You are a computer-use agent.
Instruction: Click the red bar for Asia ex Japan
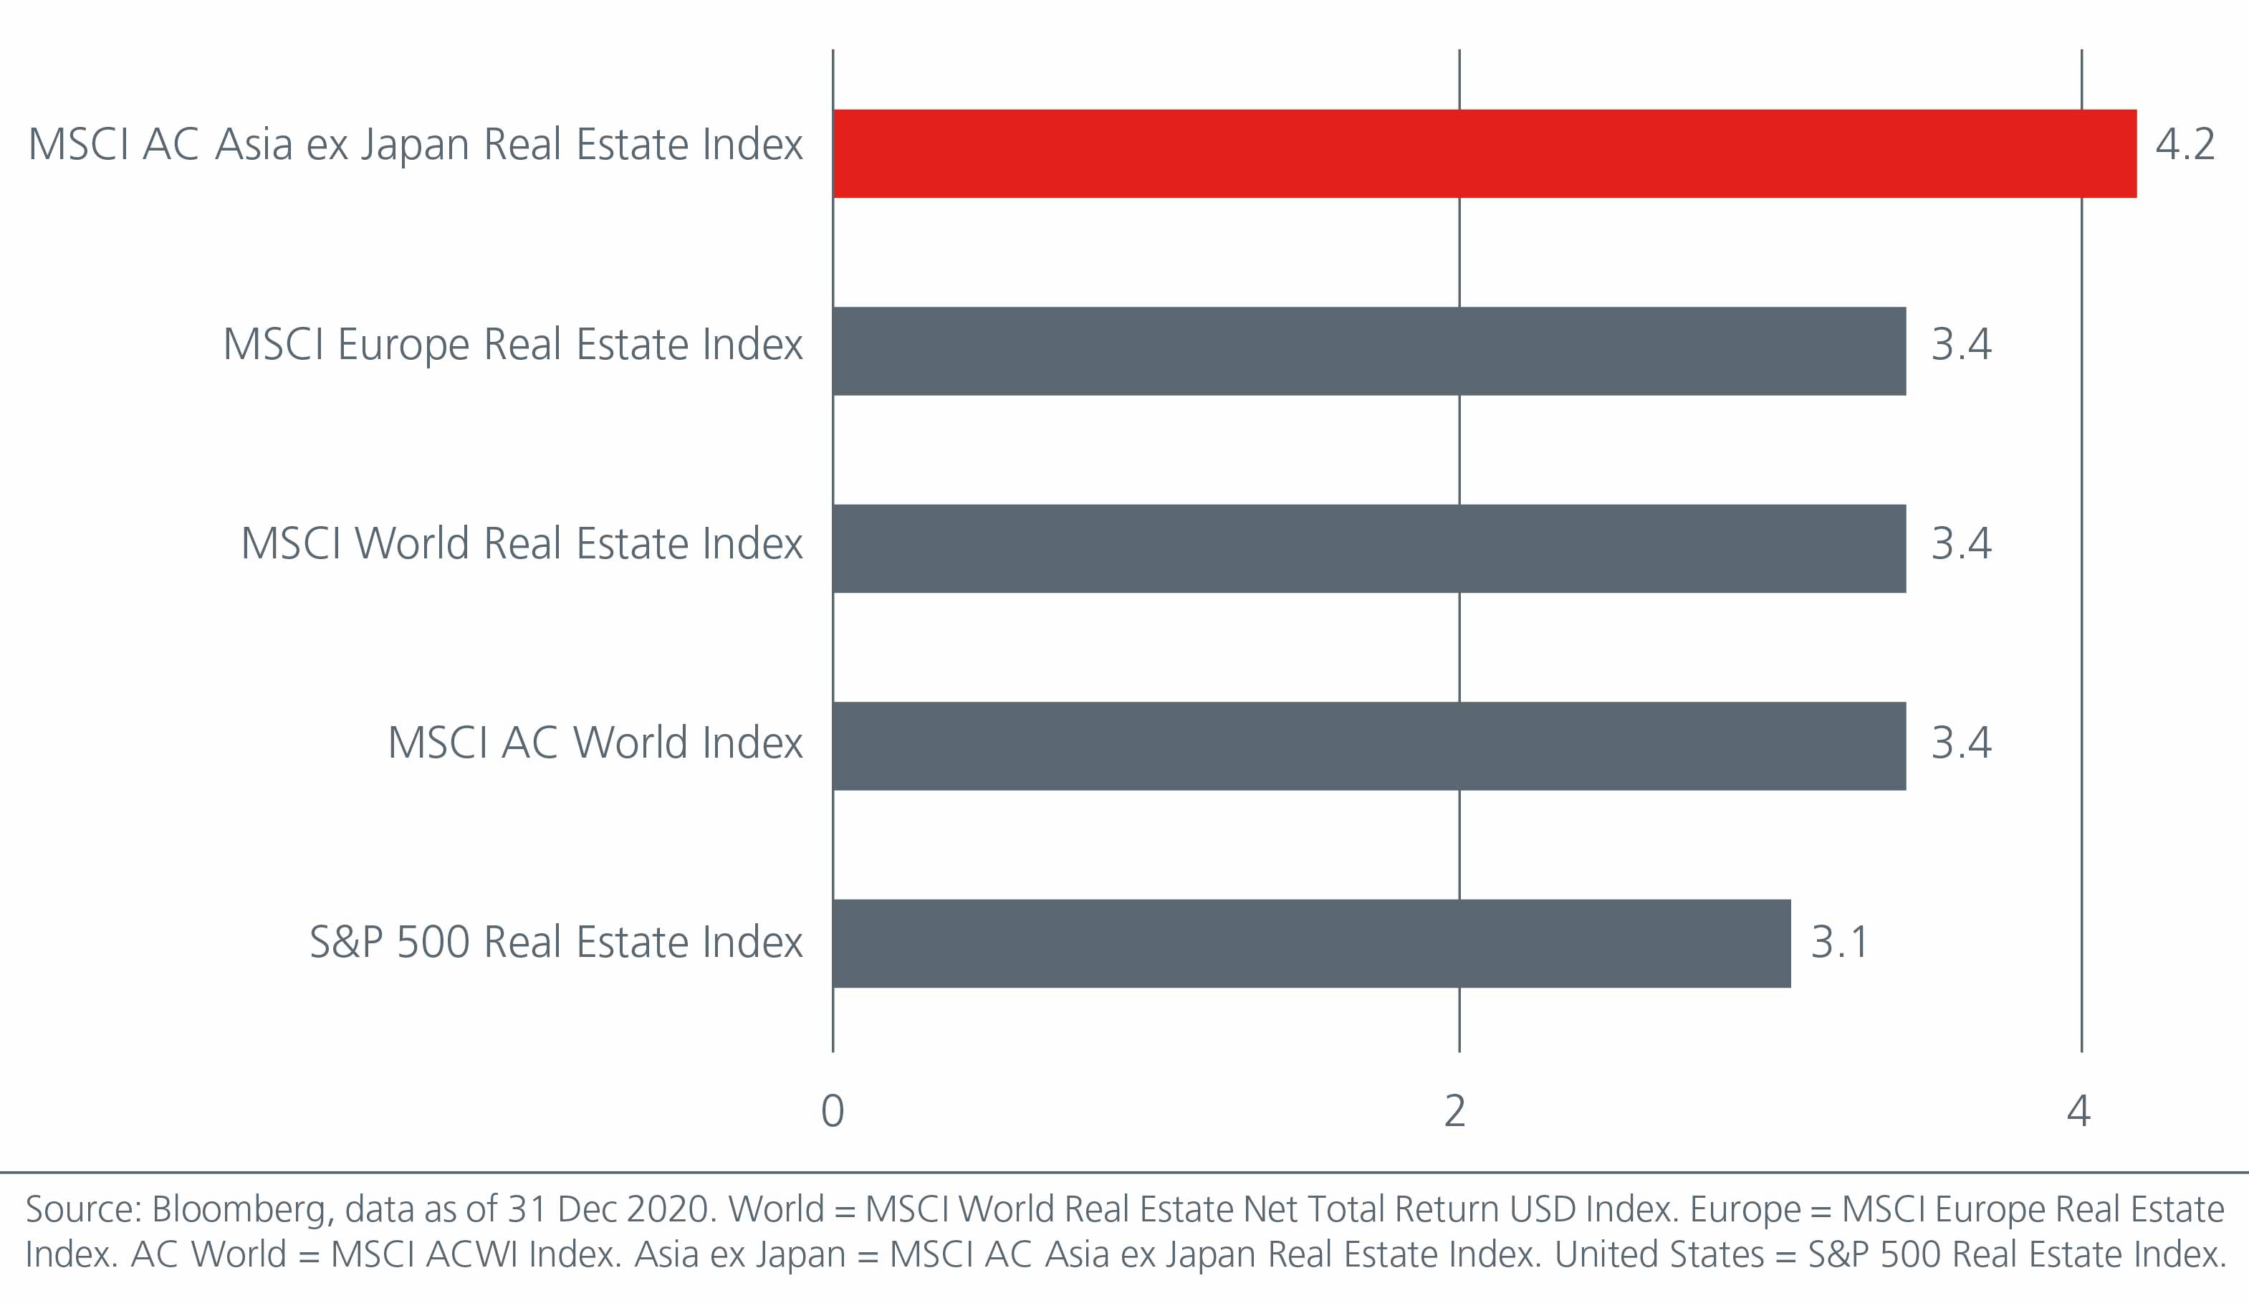(1484, 153)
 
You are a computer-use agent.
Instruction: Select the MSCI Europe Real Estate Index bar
(1369, 351)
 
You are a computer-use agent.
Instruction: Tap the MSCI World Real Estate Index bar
(1369, 548)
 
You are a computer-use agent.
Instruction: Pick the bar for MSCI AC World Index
(1369, 745)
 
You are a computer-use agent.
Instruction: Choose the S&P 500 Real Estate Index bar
(1311, 943)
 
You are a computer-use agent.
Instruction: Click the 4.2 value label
(2185, 145)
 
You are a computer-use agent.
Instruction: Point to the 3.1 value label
(1839, 942)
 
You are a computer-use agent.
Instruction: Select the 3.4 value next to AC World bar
(1961, 743)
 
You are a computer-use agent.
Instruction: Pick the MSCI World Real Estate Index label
(521, 543)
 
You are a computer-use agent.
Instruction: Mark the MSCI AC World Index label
(595, 743)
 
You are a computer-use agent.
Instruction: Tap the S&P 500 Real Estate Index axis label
(556, 942)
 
